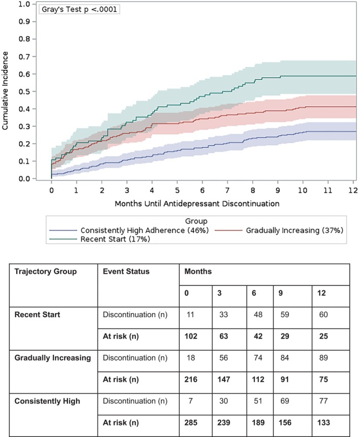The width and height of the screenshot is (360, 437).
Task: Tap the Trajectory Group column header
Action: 46,271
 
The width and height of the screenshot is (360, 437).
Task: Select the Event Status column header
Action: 126,271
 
